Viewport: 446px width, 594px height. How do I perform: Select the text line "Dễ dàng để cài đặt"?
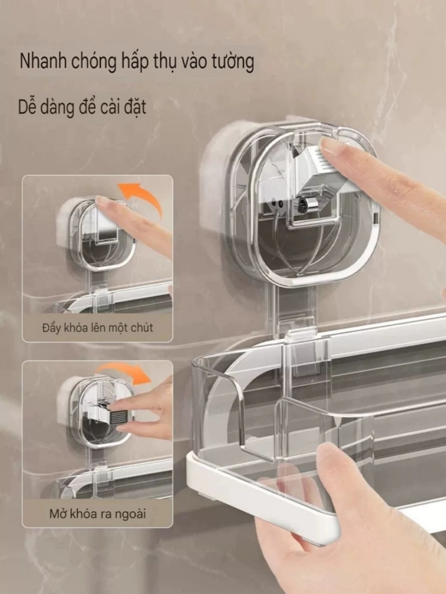(82, 107)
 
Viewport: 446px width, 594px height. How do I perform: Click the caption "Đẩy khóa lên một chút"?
(98, 328)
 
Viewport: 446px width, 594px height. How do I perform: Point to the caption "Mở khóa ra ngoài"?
(98, 513)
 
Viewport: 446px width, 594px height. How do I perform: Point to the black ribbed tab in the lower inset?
(119, 416)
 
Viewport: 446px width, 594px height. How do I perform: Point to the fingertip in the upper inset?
(105, 202)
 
